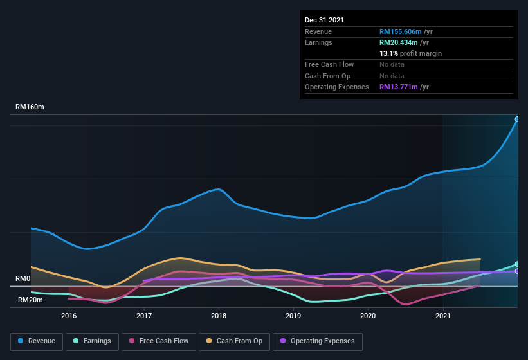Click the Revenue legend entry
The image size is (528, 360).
[37, 341]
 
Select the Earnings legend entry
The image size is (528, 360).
[93, 341]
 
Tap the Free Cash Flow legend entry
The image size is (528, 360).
[159, 341]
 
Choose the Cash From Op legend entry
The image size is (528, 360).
[233, 341]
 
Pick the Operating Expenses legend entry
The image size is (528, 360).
[317, 341]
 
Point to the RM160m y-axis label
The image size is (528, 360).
[30, 107]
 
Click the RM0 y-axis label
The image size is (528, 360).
[23, 279]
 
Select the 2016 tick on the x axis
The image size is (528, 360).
[69, 316]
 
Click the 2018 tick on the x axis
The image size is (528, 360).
[219, 316]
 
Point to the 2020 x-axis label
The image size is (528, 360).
[368, 316]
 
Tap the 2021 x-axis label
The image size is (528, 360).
[443, 316]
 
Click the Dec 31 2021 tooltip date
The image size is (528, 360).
[324, 20]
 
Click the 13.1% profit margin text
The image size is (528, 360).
[410, 53]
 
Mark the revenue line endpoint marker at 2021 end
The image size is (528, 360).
[517, 119]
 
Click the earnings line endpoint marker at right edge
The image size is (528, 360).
[517, 264]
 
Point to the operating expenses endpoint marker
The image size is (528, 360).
[517, 271]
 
